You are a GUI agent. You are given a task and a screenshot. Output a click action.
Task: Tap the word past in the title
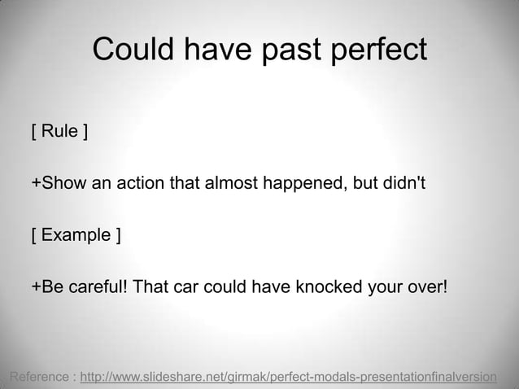pyautogui.click(x=294, y=50)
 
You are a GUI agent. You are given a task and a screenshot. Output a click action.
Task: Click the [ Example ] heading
pyautogui.click(x=76, y=236)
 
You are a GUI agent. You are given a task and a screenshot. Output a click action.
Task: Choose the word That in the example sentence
pyautogui.click(x=149, y=287)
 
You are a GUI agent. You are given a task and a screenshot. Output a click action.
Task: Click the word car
pyautogui.click(x=185, y=287)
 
